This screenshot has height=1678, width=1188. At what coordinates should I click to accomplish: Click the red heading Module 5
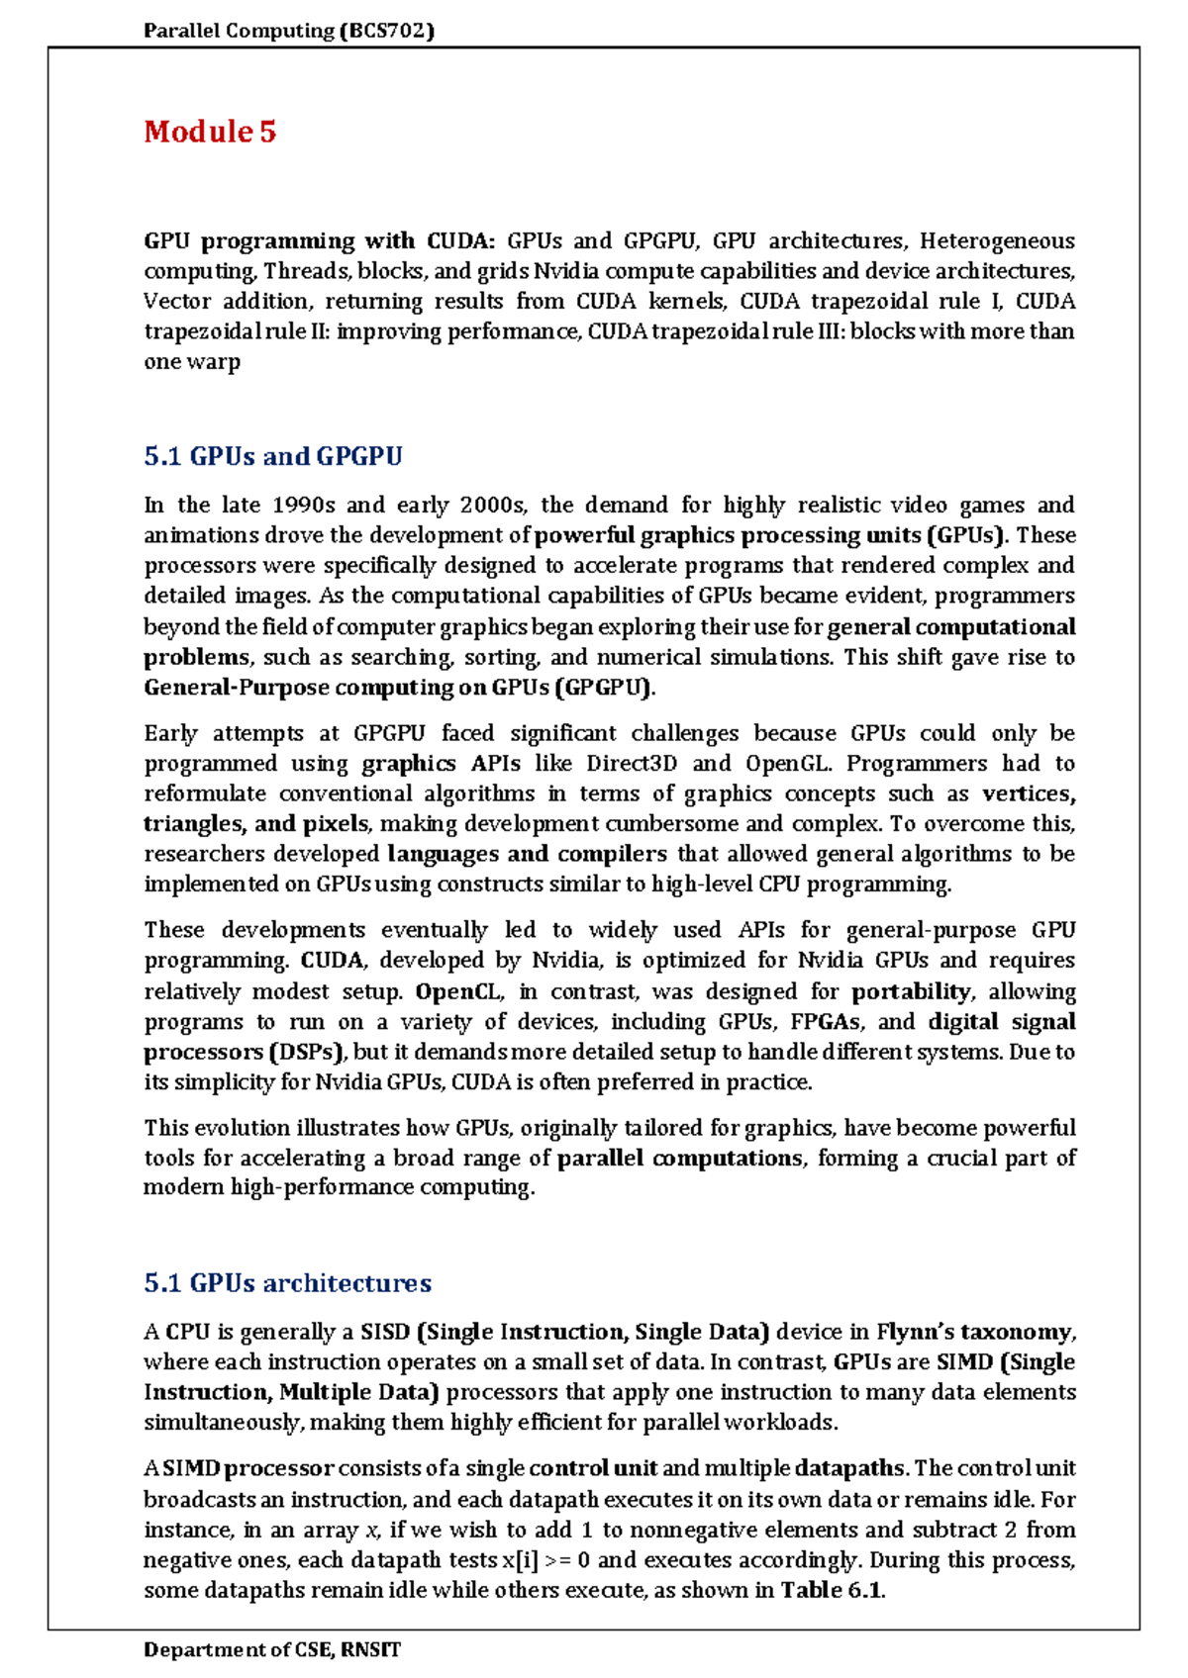click(210, 132)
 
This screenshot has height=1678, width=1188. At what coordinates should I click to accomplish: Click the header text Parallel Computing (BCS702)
click(289, 31)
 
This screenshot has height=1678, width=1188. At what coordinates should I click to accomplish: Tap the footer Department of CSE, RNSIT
click(272, 1649)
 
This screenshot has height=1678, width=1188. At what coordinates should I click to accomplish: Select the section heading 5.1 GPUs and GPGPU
click(273, 456)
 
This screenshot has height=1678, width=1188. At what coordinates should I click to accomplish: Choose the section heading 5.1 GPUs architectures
click(287, 1283)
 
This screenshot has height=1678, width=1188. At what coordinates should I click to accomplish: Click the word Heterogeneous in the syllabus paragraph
click(996, 241)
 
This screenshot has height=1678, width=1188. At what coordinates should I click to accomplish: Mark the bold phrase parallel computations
click(680, 1158)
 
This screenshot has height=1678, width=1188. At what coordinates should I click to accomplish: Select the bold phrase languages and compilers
click(527, 854)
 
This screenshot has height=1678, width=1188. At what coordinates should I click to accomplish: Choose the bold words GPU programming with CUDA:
click(319, 241)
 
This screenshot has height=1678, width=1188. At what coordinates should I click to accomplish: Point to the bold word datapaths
click(850, 1468)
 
